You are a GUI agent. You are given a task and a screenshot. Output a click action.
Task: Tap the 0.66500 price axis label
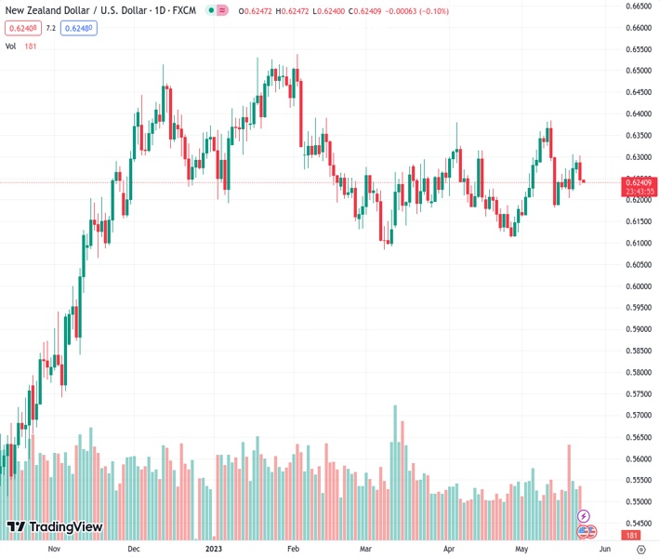pos(637,6)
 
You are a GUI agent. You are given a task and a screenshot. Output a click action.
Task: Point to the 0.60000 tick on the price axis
pos(637,286)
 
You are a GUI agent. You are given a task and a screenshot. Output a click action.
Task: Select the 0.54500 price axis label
pos(637,524)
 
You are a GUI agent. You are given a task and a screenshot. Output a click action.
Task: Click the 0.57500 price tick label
pos(637,394)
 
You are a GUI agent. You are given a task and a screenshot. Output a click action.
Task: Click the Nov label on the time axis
pos(53,549)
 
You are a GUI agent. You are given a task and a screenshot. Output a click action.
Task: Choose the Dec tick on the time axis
pos(134,549)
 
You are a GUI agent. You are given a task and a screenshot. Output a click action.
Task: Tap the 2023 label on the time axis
pos(215,549)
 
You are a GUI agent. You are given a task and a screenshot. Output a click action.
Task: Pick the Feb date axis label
pos(294,549)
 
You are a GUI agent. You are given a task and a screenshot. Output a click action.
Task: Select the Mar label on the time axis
pos(366,549)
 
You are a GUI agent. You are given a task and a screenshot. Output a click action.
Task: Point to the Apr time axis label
pos(449,549)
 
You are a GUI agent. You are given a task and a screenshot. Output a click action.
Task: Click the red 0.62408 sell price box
pos(21,28)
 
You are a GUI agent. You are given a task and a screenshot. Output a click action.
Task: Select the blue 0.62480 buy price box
pos(78,28)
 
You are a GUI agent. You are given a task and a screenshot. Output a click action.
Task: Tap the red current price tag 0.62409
pos(637,181)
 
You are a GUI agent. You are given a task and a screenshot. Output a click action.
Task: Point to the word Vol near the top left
pos(12,46)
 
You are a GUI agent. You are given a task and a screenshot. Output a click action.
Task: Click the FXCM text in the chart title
pos(186,10)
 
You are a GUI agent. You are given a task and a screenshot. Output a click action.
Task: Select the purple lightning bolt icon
pos(584,515)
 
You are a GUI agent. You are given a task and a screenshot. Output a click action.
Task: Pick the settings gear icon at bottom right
pos(640,549)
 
